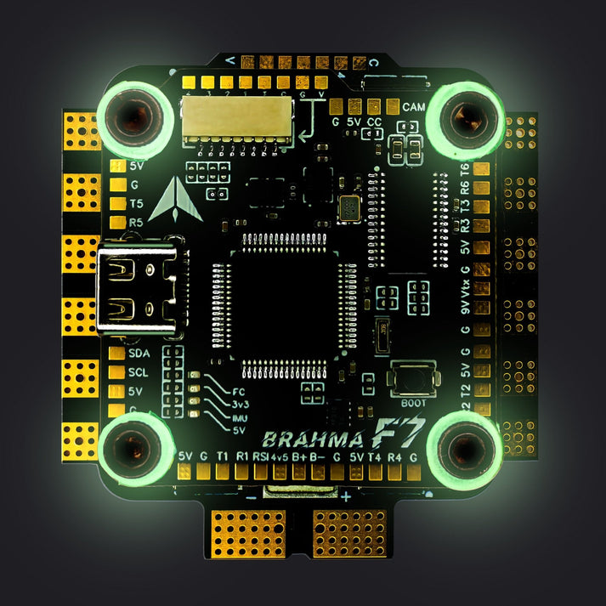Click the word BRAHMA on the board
[303, 439]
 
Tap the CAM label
[414, 108]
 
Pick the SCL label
[139, 372]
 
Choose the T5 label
[136, 203]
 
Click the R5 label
[136, 223]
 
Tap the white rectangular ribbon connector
[224, 116]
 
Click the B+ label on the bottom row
[298, 457]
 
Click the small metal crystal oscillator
[349, 207]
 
